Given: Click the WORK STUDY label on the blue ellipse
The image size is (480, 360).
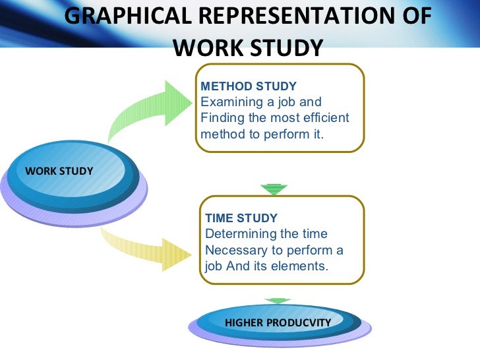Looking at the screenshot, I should pos(59,171).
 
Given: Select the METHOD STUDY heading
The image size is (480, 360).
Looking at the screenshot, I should pos(249,86).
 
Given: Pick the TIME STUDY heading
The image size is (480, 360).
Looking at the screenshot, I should pos(241,218).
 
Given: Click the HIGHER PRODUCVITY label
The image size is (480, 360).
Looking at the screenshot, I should pos(277,322).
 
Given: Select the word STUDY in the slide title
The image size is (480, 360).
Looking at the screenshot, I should pos(284,47).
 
